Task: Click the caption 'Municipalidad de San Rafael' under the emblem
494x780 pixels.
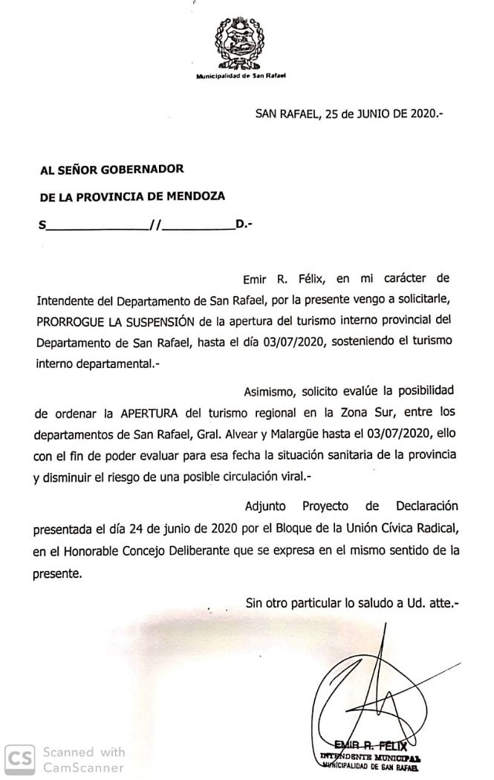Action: point(241,77)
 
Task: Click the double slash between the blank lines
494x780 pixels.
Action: point(155,224)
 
